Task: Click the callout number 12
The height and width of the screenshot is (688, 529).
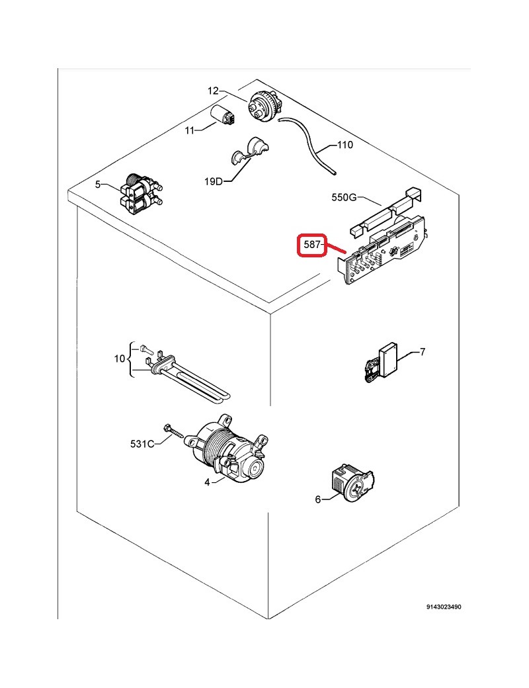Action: [x=213, y=91]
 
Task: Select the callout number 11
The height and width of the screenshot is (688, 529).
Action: [x=190, y=131]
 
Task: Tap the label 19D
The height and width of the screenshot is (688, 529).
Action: [x=214, y=181]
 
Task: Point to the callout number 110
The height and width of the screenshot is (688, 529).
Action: [x=345, y=146]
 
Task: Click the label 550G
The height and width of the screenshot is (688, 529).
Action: [x=344, y=197]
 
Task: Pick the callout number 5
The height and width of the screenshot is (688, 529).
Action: [x=98, y=185]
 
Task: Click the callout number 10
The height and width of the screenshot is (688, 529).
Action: [x=120, y=359]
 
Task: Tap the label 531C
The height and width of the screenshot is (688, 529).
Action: [x=142, y=443]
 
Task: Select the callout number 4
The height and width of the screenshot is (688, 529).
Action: [x=207, y=483]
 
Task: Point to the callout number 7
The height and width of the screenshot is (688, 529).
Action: [x=423, y=351]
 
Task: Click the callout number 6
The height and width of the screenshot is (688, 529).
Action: [x=317, y=499]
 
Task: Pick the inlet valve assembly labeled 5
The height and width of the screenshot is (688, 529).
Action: [x=142, y=193]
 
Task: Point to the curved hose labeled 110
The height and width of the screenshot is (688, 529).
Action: [x=309, y=142]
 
